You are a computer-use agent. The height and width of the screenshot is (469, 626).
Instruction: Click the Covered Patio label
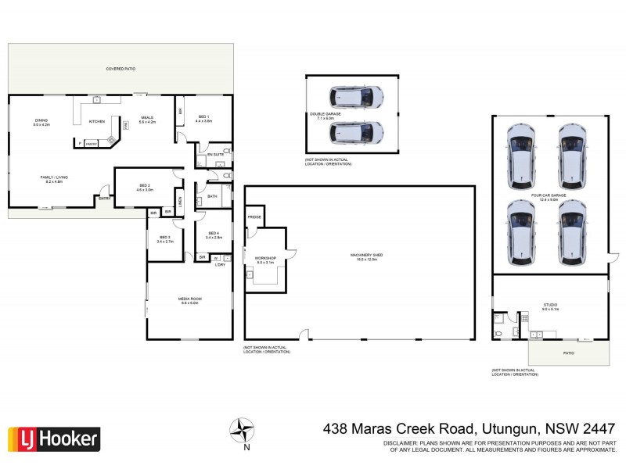[121, 70]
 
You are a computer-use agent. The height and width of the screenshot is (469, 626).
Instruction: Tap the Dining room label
[41, 122]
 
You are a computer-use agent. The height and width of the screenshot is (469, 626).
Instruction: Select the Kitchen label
[96, 121]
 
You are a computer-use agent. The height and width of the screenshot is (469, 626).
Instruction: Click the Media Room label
[190, 299]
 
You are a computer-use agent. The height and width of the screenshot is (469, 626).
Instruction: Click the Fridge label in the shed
[255, 217]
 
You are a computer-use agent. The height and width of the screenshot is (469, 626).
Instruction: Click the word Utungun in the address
[509, 428]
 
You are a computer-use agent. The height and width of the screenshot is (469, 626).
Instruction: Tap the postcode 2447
[598, 428]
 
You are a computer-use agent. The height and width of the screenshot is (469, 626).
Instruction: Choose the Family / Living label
[54, 178]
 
